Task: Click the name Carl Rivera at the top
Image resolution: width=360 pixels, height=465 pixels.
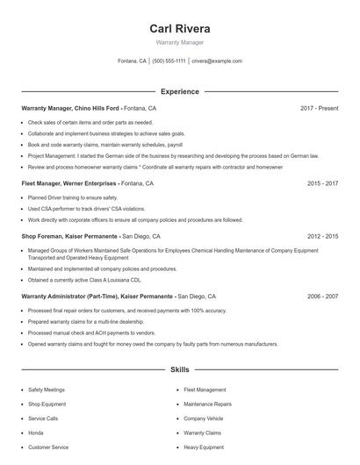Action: click(180, 28)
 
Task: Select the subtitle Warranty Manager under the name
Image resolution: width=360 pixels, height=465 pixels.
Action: click(180, 43)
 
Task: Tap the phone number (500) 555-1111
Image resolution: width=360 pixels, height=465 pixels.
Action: click(169, 61)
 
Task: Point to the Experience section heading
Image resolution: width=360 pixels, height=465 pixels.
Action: click(180, 91)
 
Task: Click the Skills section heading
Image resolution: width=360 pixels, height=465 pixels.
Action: click(180, 370)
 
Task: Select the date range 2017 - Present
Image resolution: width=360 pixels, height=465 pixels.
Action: click(319, 108)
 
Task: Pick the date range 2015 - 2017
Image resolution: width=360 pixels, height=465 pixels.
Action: click(322, 184)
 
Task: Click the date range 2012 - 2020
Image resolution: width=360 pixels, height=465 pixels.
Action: click(322, 236)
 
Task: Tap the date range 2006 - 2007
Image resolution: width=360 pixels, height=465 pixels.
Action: click(322, 297)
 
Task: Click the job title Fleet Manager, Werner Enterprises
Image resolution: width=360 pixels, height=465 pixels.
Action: click(69, 184)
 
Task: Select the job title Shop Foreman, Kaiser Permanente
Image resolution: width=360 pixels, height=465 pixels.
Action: click(70, 236)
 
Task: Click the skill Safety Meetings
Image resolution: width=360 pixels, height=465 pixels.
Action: click(47, 389)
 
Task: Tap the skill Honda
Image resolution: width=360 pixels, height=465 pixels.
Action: click(36, 433)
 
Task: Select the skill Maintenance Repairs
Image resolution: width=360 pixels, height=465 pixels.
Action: click(207, 404)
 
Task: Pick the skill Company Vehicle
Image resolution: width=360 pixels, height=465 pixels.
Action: click(203, 418)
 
